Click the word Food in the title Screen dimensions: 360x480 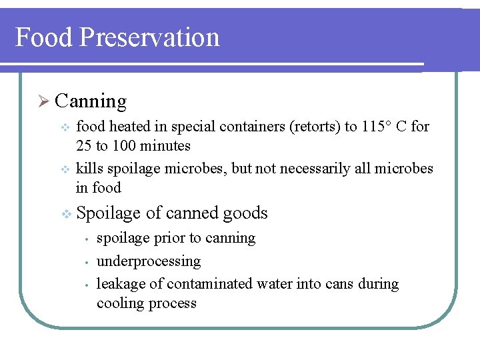click(x=43, y=37)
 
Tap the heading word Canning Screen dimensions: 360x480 click(x=91, y=101)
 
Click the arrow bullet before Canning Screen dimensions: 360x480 click(x=43, y=101)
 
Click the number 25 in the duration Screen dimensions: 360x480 click(x=85, y=146)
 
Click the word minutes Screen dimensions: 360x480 click(x=167, y=146)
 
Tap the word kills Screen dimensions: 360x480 click(x=90, y=169)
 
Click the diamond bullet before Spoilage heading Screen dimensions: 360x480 click(x=65, y=214)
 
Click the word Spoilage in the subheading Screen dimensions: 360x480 click(x=109, y=214)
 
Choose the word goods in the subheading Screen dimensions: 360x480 click(x=245, y=213)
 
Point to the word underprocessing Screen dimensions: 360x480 click(x=149, y=261)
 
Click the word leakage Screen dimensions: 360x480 click(x=121, y=284)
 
